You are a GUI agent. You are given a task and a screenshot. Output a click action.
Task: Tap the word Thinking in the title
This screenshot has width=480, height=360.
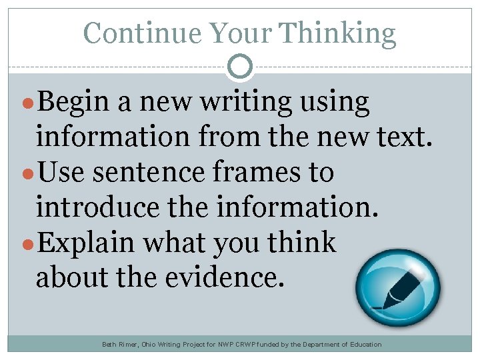point(337,33)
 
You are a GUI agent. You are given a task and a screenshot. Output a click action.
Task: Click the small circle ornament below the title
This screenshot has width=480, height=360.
point(240,67)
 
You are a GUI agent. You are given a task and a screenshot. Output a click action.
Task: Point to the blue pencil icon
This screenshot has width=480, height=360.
point(398,288)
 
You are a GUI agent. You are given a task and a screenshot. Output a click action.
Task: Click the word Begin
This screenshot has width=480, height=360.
point(73,103)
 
